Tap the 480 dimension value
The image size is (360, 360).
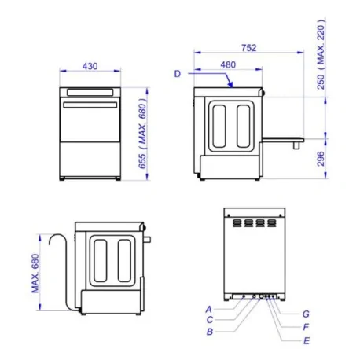click(x=228, y=64)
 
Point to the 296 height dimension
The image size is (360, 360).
click(x=322, y=159)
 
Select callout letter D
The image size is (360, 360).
click(x=178, y=74)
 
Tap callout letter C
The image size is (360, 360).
click(x=210, y=320)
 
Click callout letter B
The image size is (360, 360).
click(x=210, y=332)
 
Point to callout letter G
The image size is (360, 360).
click(x=306, y=314)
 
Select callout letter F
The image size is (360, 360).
click(x=306, y=326)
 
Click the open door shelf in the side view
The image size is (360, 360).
click(x=282, y=139)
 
